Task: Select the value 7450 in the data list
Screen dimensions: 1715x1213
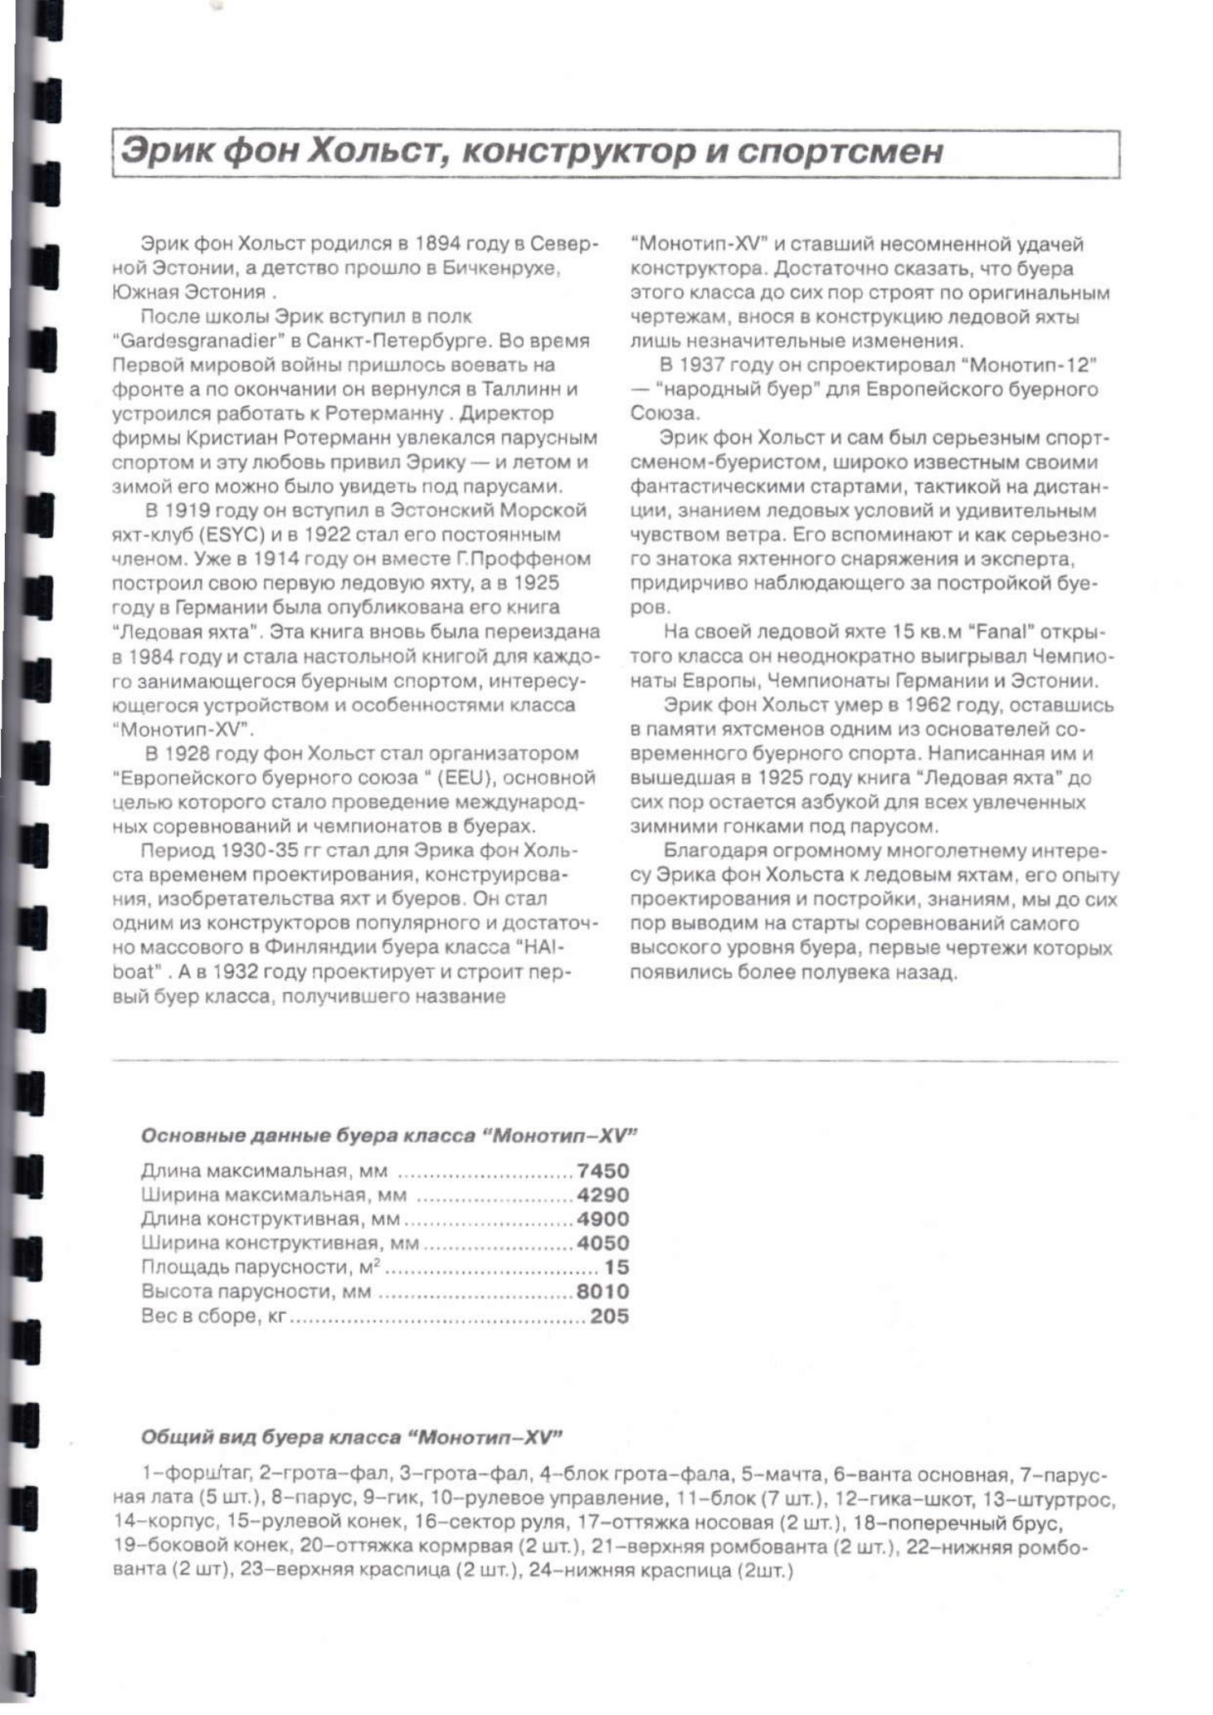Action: coord(603,1171)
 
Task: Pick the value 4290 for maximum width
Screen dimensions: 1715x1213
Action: coord(603,1195)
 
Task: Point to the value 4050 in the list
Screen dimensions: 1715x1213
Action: coord(603,1243)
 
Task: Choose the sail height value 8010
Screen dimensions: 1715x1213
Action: coord(603,1291)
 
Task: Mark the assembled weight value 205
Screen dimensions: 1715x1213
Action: coord(609,1316)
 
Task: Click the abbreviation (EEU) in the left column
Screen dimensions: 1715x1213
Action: coord(463,778)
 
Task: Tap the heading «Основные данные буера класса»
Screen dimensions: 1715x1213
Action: coord(308,1135)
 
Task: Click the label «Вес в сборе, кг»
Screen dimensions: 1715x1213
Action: coord(213,1316)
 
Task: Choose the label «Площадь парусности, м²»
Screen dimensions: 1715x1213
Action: coord(261,1268)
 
